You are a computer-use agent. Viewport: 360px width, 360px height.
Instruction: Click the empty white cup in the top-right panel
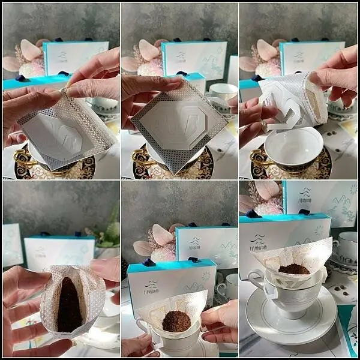pos(294,147)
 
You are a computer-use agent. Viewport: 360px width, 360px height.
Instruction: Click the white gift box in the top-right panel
pos(312,58)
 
